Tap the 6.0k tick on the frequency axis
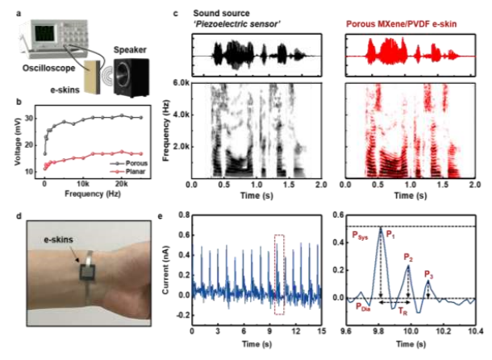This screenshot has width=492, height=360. click(x=178, y=82)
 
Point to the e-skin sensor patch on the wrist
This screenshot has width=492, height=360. click(x=86, y=273)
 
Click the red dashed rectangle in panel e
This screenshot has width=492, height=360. click(x=279, y=274)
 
